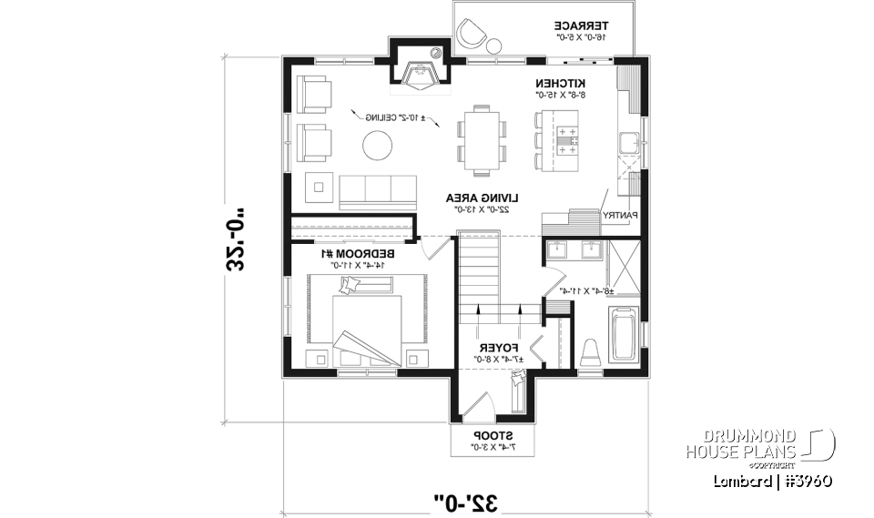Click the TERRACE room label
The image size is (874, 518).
coord(583,25)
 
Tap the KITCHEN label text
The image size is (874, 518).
coord(559,82)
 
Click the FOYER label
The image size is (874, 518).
coord(499,348)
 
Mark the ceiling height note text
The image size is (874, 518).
coord(395,118)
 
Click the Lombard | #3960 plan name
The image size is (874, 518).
coord(774,480)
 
